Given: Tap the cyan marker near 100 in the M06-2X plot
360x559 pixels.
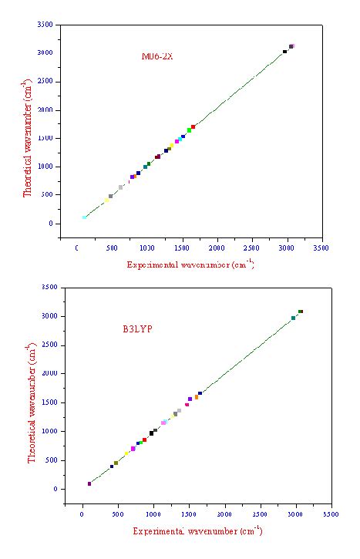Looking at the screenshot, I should pyautogui.click(x=84, y=217).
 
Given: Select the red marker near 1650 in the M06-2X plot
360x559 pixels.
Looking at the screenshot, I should pyautogui.click(x=193, y=126).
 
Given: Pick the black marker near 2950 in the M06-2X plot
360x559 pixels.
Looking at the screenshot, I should pyautogui.click(x=284, y=52).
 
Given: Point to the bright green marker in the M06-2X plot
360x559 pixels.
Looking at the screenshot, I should pyautogui.click(x=189, y=130).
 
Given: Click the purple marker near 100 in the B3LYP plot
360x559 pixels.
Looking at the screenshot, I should pyautogui.click(x=89, y=483).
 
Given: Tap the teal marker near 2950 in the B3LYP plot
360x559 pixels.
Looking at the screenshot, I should pyautogui.click(x=293, y=318).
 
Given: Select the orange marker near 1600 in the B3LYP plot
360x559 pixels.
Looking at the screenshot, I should pyautogui.click(x=197, y=397).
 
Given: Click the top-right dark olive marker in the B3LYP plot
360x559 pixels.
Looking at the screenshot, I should pyautogui.click(x=301, y=311).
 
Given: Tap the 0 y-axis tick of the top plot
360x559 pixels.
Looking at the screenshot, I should pyautogui.click(x=50, y=224).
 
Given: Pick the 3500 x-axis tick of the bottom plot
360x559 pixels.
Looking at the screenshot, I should pyautogui.click(x=330, y=513).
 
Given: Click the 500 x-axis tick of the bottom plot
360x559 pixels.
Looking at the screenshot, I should pyautogui.click(x=117, y=513).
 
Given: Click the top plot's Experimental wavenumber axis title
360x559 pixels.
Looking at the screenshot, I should pyautogui.click(x=190, y=264).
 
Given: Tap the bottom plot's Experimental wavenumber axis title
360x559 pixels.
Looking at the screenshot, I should pyautogui.click(x=197, y=531).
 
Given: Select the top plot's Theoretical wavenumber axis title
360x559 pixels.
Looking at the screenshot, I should pyautogui.click(x=28, y=136).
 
